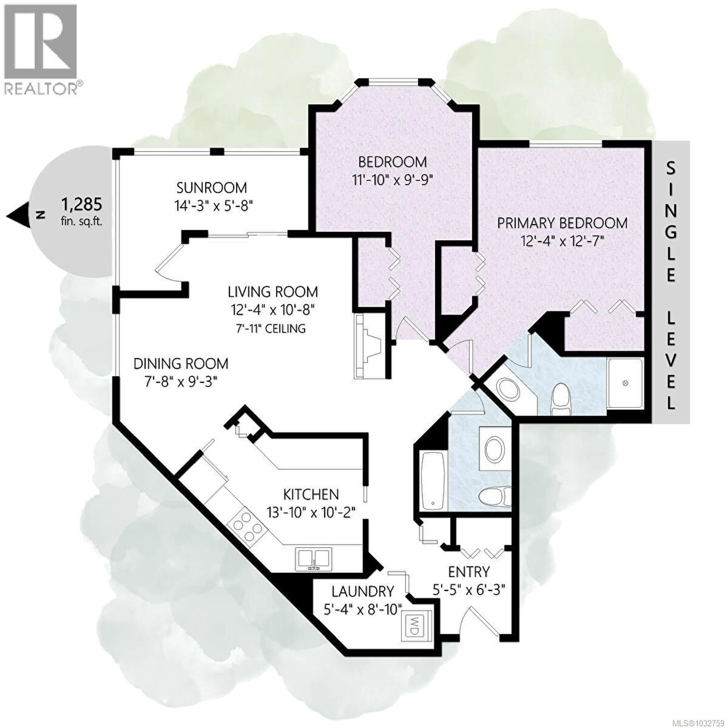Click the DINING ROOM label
[x=181, y=364]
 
